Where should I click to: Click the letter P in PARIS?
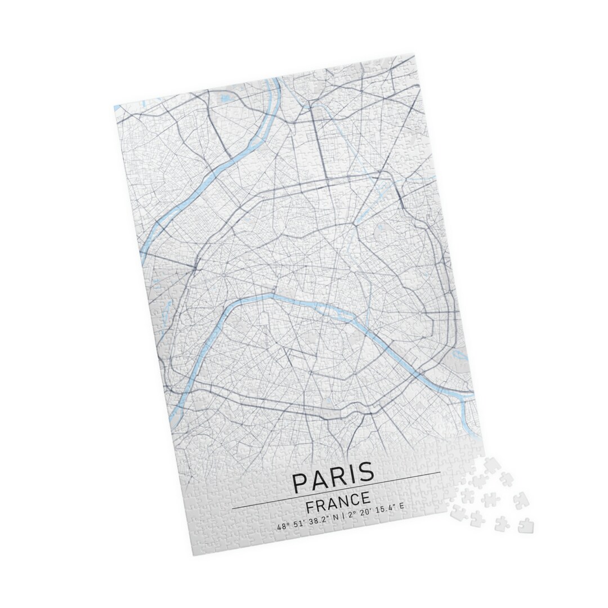[299, 482]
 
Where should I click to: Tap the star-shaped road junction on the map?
[223, 275]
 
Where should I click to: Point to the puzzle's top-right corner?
[414, 55]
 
